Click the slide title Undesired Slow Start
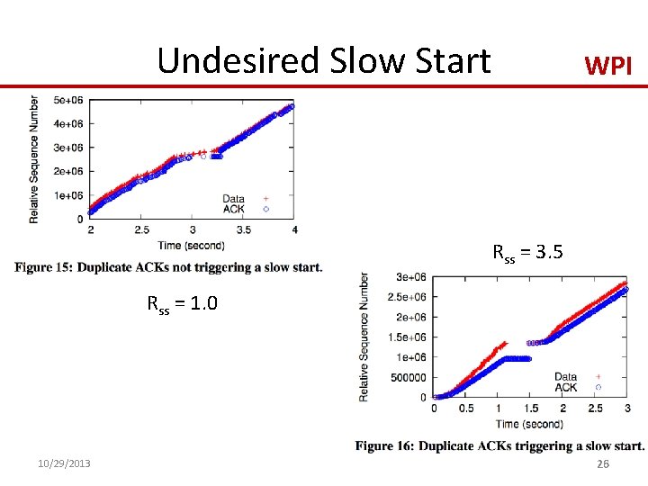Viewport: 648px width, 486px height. (x=324, y=61)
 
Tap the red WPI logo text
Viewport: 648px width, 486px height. (x=609, y=66)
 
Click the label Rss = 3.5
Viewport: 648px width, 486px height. (x=527, y=253)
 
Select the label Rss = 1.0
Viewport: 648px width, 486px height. (x=182, y=303)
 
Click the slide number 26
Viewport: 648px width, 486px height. (x=603, y=463)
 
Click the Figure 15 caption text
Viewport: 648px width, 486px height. (x=168, y=267)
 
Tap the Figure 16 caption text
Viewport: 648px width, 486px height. (x=499, y=445)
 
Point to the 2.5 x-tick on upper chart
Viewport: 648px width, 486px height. (x=141, y=231)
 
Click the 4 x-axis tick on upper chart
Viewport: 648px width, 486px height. (x=294, y=231)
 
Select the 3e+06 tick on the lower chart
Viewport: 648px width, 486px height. (x=412, y=277)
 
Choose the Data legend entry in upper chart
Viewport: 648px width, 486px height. (x=235, y=199)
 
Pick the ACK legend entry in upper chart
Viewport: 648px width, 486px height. (x=235, y=210)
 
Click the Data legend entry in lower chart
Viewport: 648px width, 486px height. (x=567, y=377)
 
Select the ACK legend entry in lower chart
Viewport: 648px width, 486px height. (x=567, y=387)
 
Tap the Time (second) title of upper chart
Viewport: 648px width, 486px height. (x=191, y=246)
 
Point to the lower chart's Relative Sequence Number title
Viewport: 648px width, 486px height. (x=364, y=337)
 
